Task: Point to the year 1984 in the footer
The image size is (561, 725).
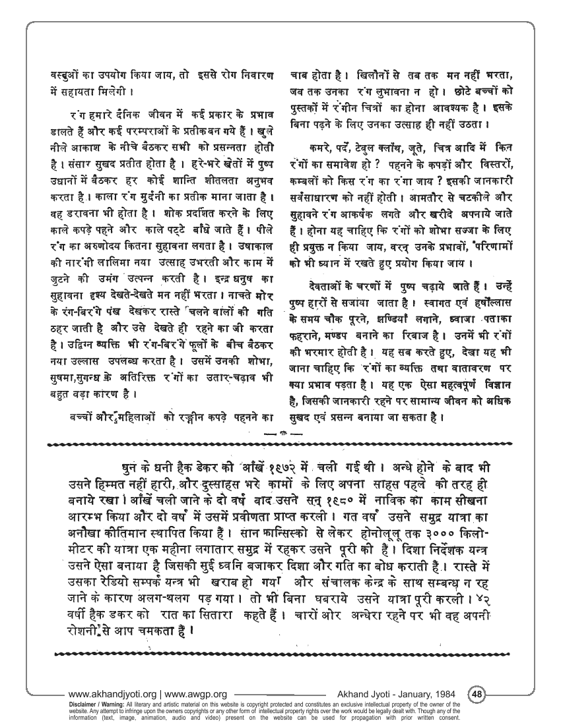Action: [444, 694]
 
